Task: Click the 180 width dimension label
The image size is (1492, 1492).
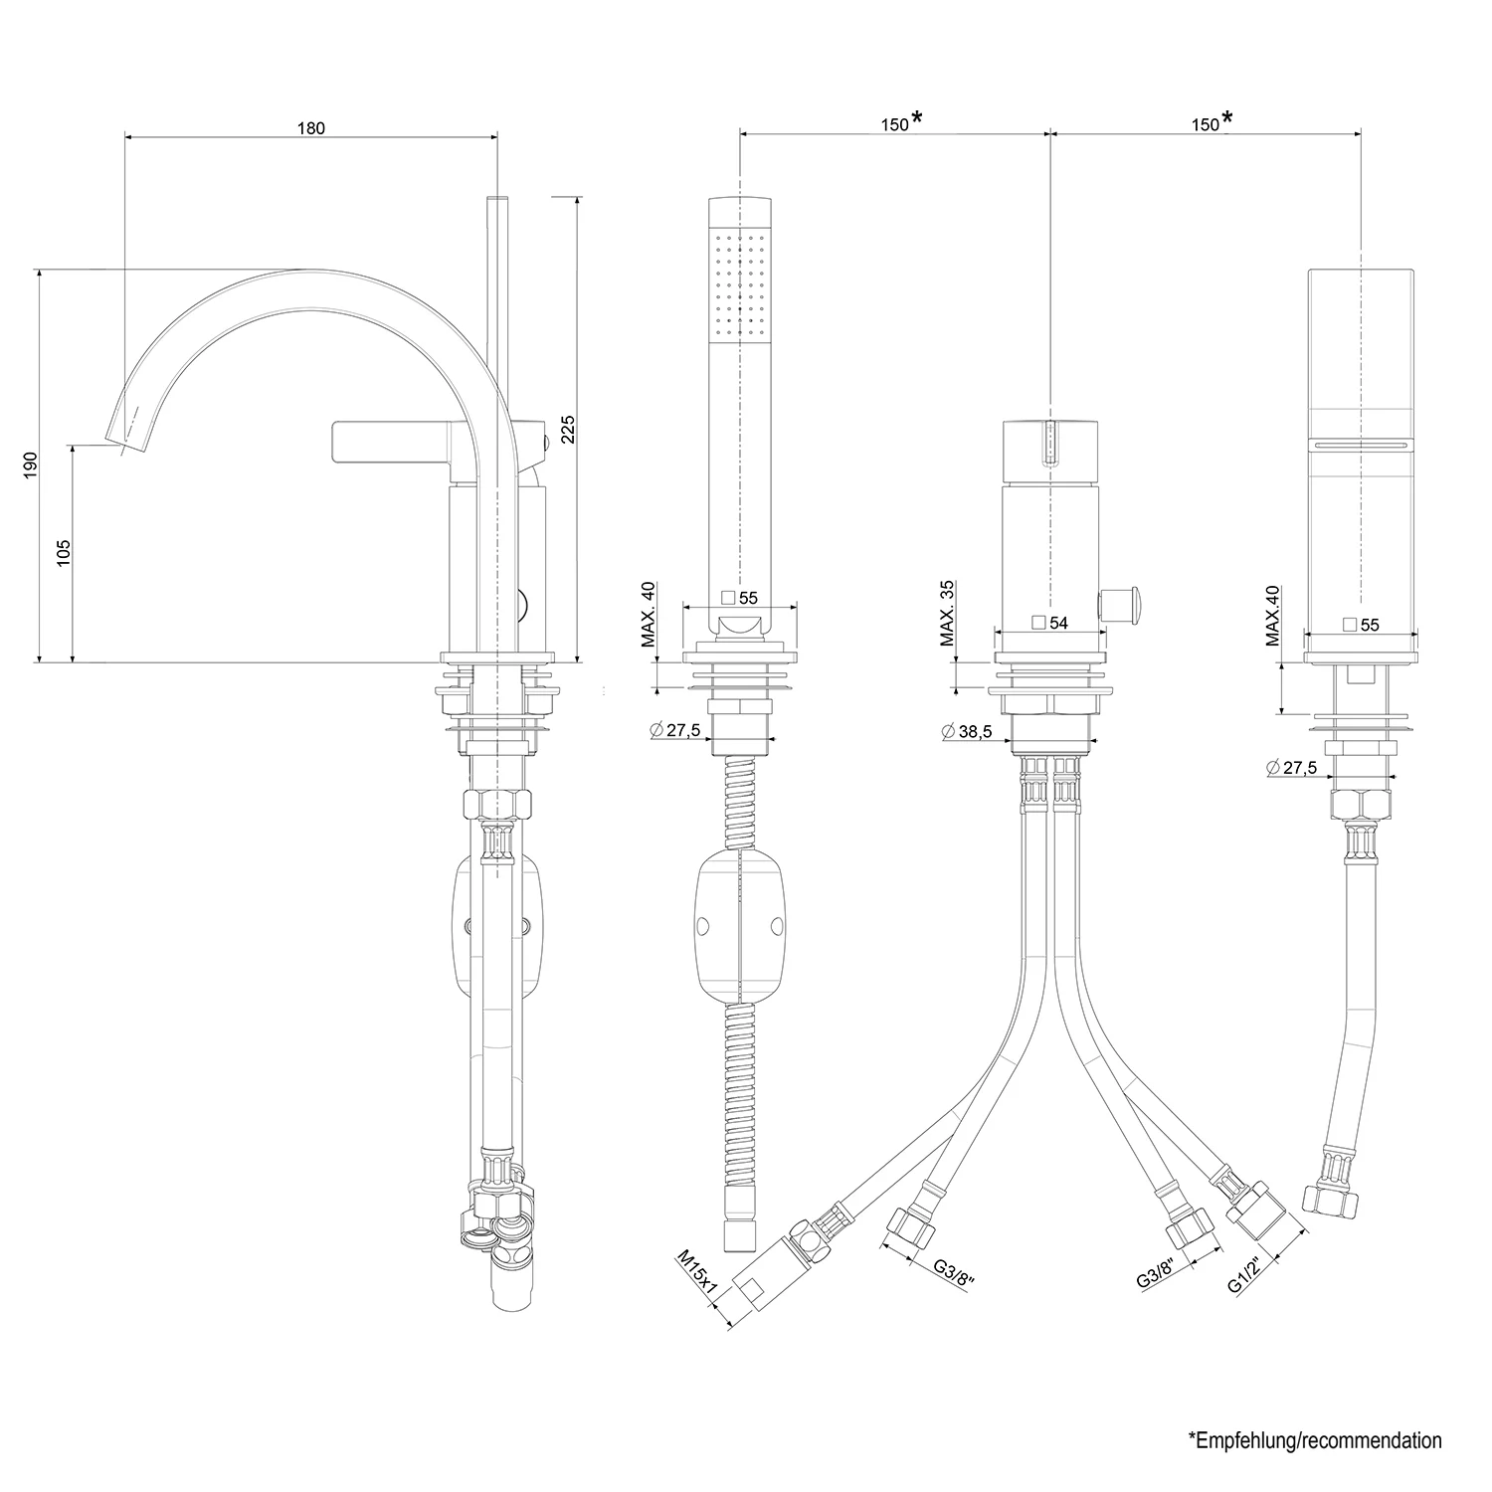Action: pos(311,127)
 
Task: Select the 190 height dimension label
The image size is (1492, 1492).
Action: pos(31,466)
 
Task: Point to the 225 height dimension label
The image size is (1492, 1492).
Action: pos(567,429)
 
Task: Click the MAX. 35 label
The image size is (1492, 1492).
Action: pos(946,614)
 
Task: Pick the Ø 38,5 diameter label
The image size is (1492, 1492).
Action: pos(964,731)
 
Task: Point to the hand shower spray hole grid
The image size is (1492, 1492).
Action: pos(739,282)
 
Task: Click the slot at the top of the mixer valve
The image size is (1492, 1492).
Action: pos(1049,441)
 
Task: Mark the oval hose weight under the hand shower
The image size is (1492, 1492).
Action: pos(740,927)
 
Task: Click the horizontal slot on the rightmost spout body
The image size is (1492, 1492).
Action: pos(1360,445)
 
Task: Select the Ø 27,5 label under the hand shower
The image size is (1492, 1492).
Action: pos(675,730)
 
